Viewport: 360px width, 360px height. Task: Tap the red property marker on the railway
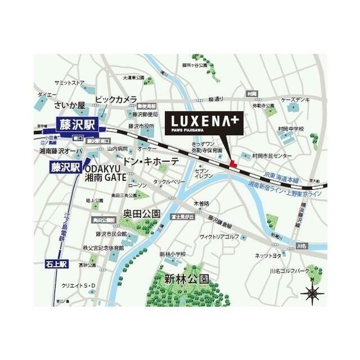[x=233, y=163]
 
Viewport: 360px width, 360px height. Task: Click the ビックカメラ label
[x=115, y=100]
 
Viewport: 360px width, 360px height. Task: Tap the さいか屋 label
[x=69, y=105]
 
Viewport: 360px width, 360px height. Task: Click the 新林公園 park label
[x=187, y=278]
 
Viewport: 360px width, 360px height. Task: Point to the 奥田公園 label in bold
[x=142, y=214]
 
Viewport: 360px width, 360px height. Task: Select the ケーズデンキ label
[x=296, y=99]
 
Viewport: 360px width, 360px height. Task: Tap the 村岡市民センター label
[x=272, y=155]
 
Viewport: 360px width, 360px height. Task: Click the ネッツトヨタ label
[x=269, y=255]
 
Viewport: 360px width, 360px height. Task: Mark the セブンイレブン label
[x=202, y=174]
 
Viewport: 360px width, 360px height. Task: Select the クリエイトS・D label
[x=79, y=287]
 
